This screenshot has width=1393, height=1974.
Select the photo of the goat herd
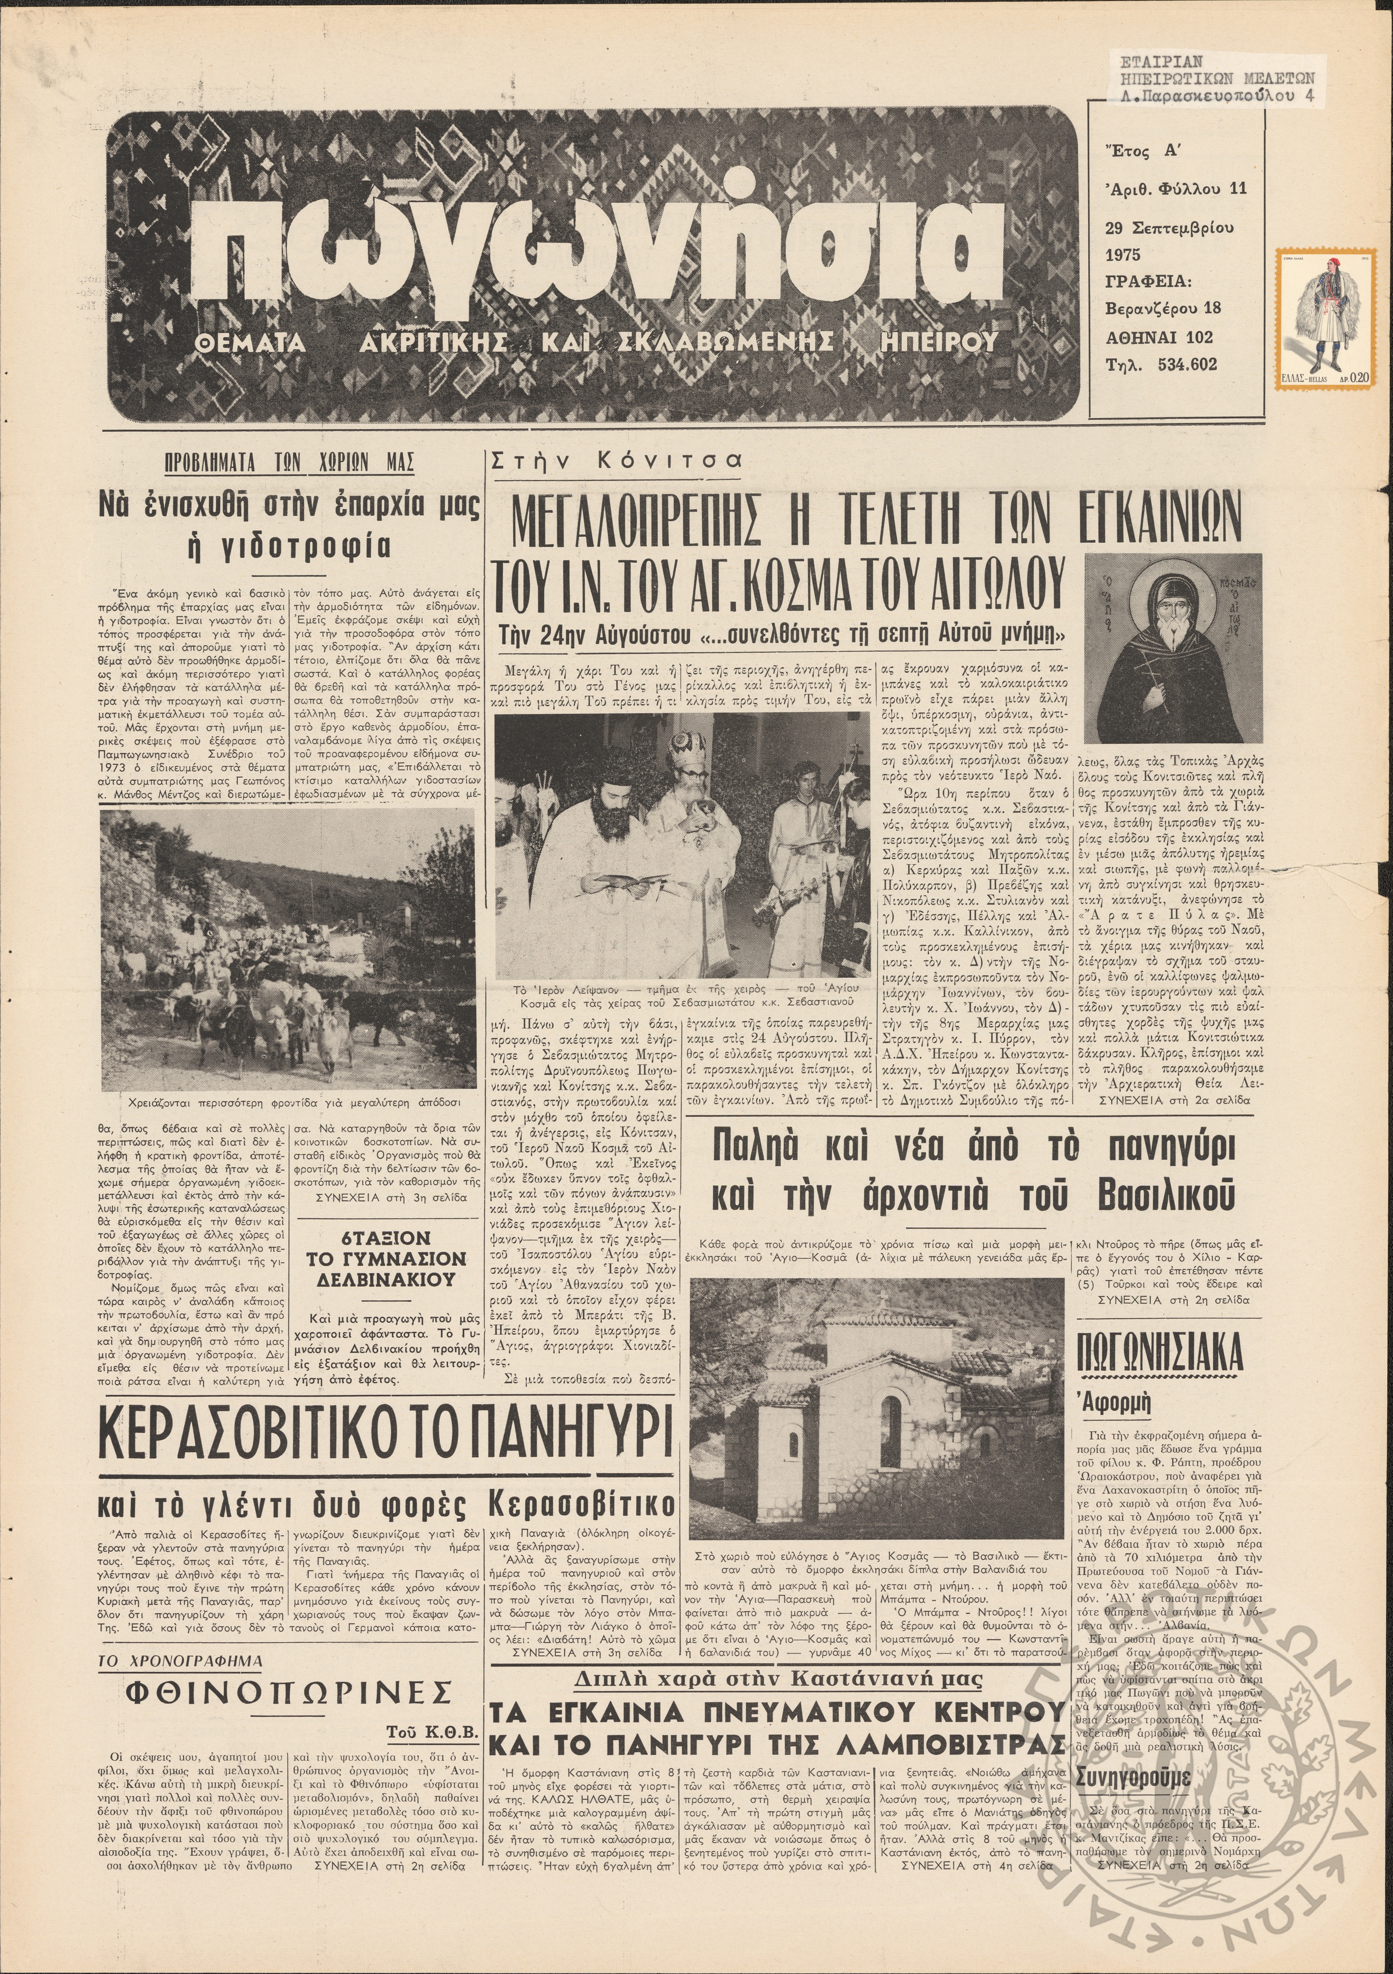288,950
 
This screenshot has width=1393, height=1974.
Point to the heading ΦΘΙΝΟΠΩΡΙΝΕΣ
289,1694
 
